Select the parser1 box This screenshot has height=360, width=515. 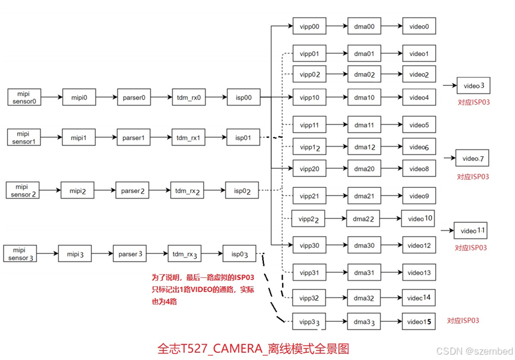134,138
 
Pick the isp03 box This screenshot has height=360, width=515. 240,254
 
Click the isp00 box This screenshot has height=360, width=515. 244,97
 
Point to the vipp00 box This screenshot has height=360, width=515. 309,27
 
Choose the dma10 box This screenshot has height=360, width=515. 365,97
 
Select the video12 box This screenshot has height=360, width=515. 419,246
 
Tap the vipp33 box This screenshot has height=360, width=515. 309,322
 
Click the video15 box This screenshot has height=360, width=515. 419,322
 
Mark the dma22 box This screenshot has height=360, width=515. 363,219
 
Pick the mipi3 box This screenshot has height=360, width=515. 75,254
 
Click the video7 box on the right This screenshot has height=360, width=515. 472,159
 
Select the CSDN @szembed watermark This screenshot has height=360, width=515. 474,351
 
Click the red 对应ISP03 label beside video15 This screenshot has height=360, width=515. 463,321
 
